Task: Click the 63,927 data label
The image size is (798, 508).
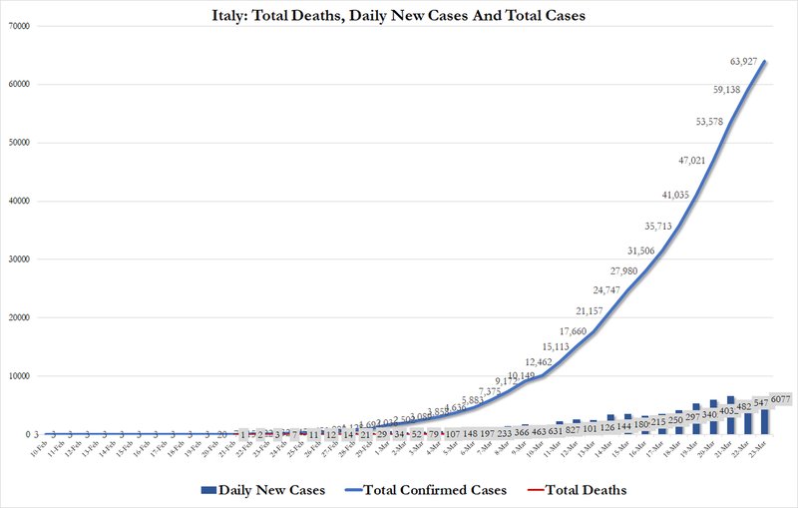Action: [749, 62]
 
